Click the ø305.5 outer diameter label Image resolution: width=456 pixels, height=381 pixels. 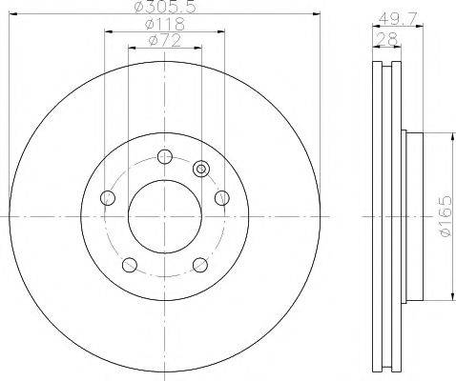pos(165,7)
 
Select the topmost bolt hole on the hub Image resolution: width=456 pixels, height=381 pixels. pos(165,156)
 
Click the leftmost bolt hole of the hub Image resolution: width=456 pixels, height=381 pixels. pos(108,198)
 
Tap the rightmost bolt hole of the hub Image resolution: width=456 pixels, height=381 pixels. pos(223,198)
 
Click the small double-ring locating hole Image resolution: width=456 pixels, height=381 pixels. pos(200,169)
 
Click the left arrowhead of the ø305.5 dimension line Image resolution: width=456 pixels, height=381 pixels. pos(21,14)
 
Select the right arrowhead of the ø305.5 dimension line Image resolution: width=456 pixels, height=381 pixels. pos(310,14)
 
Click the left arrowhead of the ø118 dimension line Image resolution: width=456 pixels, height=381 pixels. pos(106,32)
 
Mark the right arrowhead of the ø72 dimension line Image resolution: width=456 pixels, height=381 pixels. pos(199,50)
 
